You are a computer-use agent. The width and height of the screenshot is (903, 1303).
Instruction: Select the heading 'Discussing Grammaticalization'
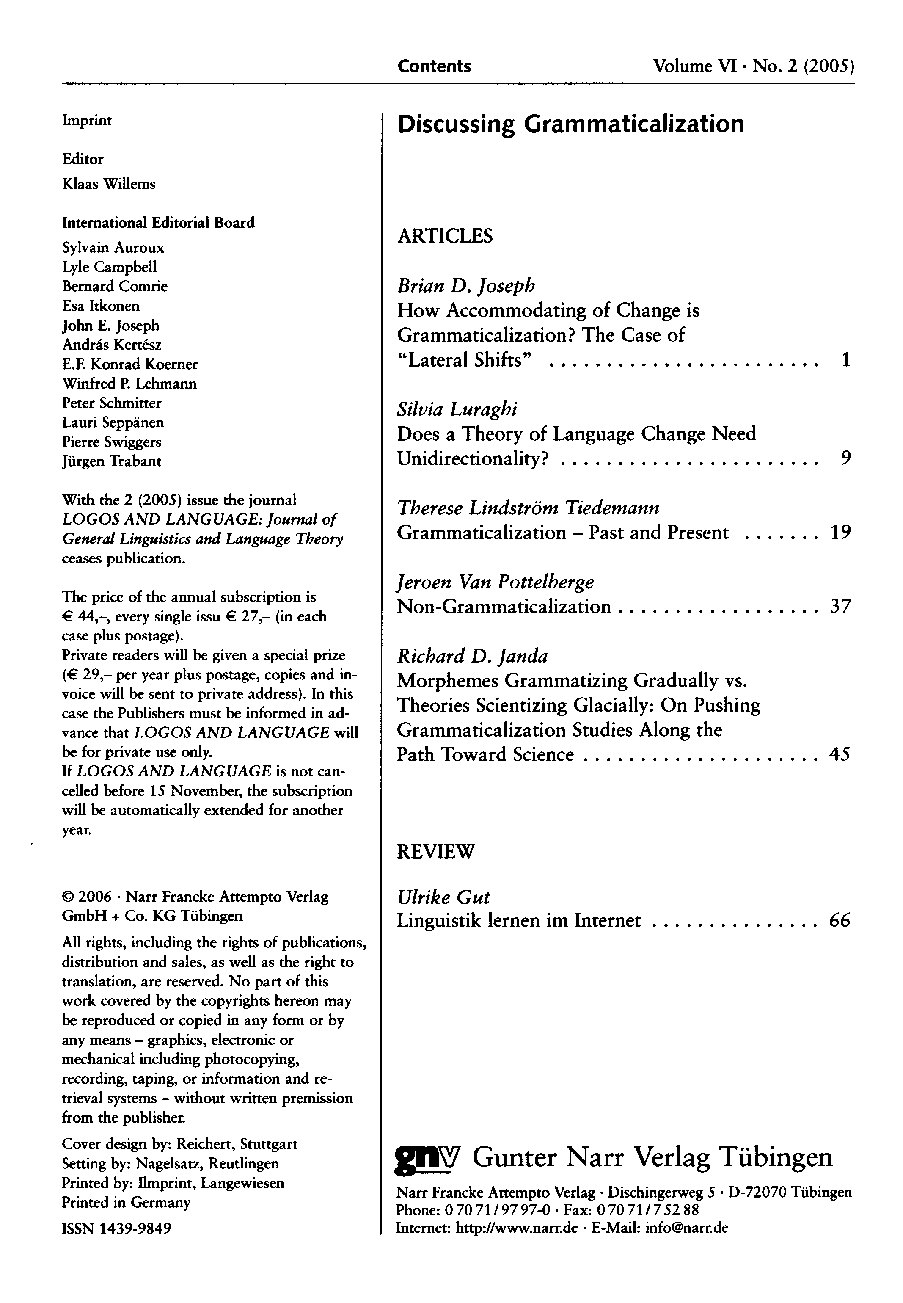(x=570, y=124)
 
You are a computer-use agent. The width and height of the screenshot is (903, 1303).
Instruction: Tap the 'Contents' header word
(x=434, y=66)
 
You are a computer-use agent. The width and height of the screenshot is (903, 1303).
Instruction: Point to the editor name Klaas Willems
(x=109, y=184)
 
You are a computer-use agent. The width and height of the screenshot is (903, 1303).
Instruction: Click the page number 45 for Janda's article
(x=840, y=754)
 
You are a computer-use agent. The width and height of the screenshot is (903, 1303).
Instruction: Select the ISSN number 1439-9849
(x=116, y=1228)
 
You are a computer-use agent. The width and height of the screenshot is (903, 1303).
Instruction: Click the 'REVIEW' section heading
(x=436, y=851)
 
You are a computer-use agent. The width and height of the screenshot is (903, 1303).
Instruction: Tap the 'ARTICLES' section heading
(x=445, y=235)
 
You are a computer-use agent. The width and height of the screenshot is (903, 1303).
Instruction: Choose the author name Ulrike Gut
(x=443, y=897)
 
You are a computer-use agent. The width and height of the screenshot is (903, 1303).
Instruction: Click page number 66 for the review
(x=840, y=920)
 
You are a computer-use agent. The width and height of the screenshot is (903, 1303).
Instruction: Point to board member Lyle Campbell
(x=109, y=267)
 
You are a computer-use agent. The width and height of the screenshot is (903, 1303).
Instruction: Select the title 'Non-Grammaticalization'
(x=504, y=606)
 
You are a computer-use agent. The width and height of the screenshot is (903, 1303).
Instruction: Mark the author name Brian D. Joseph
(x=465, y=286)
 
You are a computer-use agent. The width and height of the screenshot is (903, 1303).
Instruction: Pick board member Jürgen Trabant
(x=111, y=461)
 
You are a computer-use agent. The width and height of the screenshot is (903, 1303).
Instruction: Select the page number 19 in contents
(x=840, y=532)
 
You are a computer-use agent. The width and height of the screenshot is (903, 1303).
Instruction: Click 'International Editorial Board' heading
(x=158, y=222)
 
